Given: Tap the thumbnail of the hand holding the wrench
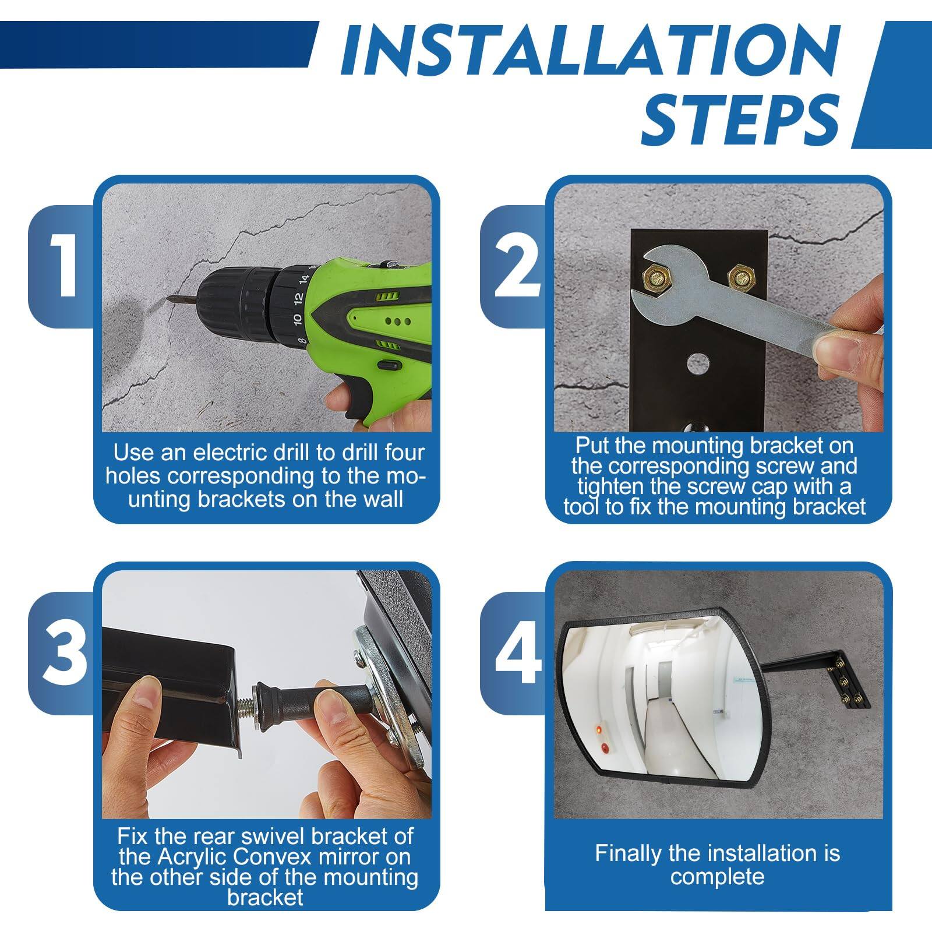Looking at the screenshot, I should click(839, 352).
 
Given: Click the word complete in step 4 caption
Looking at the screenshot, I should click(717, 877).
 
